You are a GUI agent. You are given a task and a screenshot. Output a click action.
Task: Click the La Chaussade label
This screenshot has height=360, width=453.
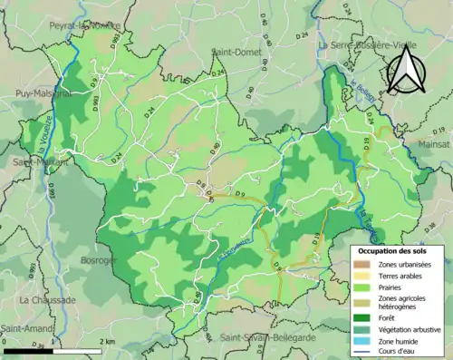pos(47,299)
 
